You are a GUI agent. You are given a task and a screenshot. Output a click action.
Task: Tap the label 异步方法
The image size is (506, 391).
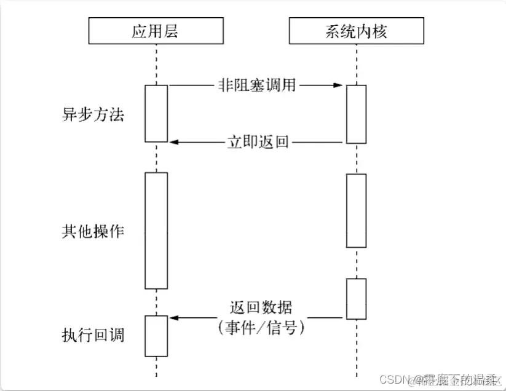[93, 114]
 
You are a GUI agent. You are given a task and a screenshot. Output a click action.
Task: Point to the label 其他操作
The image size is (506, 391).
[93, 231]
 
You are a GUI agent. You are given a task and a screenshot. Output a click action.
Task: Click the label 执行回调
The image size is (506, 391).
[93, 335]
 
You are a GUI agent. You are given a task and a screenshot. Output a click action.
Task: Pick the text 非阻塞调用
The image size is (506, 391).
[256, 85]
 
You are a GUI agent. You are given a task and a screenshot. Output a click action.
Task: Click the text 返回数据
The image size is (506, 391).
[261, 307]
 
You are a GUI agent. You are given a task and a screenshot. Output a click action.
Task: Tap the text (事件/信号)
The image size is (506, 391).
[261, 327]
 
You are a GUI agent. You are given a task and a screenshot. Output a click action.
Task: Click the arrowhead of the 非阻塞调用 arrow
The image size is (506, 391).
[339, 85]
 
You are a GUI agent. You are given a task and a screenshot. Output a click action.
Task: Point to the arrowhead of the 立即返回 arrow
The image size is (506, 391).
[174, 142]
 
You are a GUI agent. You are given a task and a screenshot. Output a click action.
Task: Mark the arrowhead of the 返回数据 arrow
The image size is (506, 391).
[174, 318]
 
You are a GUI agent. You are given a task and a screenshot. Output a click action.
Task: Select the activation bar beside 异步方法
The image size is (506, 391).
[156, 114]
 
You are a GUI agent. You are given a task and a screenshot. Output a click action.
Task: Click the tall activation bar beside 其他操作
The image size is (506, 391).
[156, 231]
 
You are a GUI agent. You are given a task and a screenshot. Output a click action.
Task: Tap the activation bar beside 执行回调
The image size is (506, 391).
[156, 336]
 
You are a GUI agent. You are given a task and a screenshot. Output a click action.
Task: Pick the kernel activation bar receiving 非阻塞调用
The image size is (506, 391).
[356, 114]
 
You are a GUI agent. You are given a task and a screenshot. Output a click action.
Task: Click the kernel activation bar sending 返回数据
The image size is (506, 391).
[356, 299]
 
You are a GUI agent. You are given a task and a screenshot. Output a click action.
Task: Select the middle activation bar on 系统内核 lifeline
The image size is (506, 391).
[356, 210]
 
